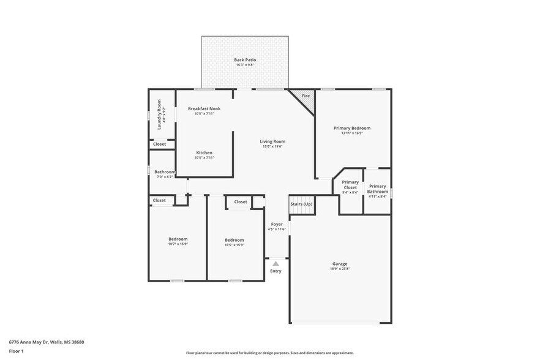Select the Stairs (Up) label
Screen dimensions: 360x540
[x=301, y=204]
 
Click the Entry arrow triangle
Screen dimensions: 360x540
[x=276, y=264]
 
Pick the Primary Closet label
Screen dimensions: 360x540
[x=350, y=184]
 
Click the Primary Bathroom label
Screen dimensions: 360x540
[x=378, y=189]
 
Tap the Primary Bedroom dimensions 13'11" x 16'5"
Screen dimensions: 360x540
[x=352, y=133]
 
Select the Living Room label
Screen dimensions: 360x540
[x=274, y=141]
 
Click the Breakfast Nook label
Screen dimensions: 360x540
[x=204, y=108]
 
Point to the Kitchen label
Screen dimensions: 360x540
[x=204, y=152]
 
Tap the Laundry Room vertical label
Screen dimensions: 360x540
[x=159, y=114]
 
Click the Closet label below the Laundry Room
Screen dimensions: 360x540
[x=159, y=144]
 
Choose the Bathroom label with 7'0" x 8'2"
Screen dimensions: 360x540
[x=165, y=172]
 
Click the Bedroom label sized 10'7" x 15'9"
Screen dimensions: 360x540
[x=178, y=239]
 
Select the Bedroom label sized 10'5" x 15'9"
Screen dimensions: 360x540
[x=234, y=240]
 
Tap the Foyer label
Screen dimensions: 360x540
[x=277, y=224]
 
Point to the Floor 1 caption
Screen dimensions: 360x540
[x=16, y=351]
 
